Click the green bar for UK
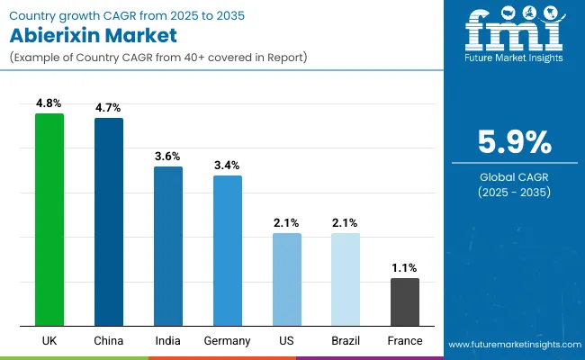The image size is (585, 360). click(49, 220)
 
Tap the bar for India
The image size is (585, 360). click(168, 246)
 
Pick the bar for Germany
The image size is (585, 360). click(228, 250)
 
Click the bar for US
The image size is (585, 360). click(287, 279)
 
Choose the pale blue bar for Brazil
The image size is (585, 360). click(346, 279)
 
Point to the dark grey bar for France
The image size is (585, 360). click(405, 301)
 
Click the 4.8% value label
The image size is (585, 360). click(49, 104)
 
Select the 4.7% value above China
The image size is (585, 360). click(109, 109)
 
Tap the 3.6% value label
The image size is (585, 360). click(168, 157)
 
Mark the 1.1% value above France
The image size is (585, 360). click(405, 269)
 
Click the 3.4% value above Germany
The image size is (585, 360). click(228, 166)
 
